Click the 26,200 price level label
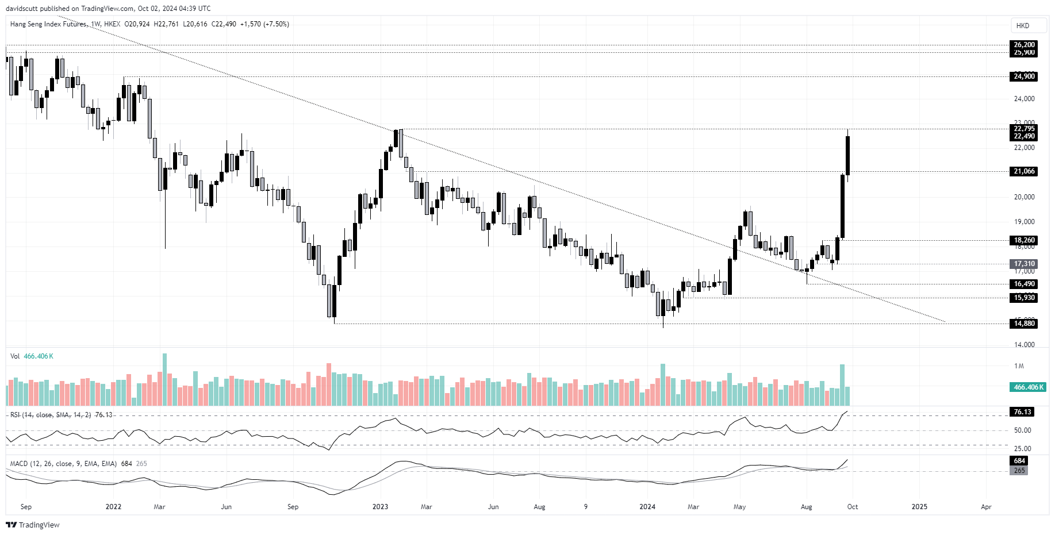[x=1024, y=45]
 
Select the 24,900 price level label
[x=1024, y=76]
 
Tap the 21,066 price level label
[x=1024, y=171]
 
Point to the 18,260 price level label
[x=1024, y=240]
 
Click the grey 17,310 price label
[x=1024, y=264]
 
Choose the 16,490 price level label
[x=1024, y=284]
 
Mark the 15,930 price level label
[x=1024, y=298]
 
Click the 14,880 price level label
[x=1024, y=324]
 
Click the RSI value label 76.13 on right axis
[x=1023, y=412]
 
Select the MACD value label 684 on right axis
[x=1019, y=461]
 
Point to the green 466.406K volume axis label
[x=1027, y=387]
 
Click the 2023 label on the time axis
[x=380, y=507]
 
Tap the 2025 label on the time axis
[x=919, y=507]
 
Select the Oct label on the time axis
[x=853, y=507]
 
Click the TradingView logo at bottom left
[x=33, y=525]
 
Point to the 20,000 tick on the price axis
[x=1024, y=197]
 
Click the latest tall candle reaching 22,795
[x=847, y=155]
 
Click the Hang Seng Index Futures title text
[x=48, y=24]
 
